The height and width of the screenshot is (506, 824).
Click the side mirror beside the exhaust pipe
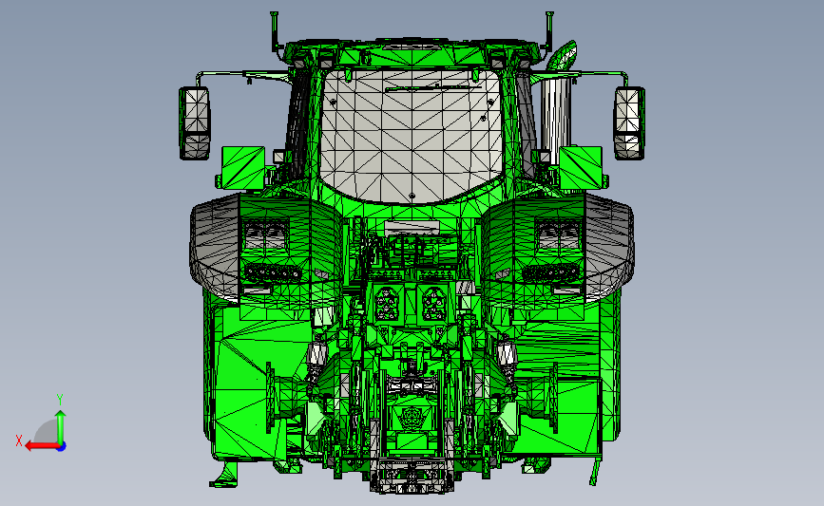pyautogui.click(x=629, y=123)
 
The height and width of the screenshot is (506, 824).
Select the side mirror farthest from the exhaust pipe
pyautogui.click(x=195, y=123)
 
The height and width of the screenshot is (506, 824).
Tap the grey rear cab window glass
pyautogui.click(x=412, y=135)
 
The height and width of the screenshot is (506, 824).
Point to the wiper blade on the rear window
pyautogui.click(x=429, y=87)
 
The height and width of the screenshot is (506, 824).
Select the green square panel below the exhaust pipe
pyautogui.click(x=581, y=167)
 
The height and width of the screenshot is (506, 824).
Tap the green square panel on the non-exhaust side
pyautogui.click(x=242, y=167)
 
